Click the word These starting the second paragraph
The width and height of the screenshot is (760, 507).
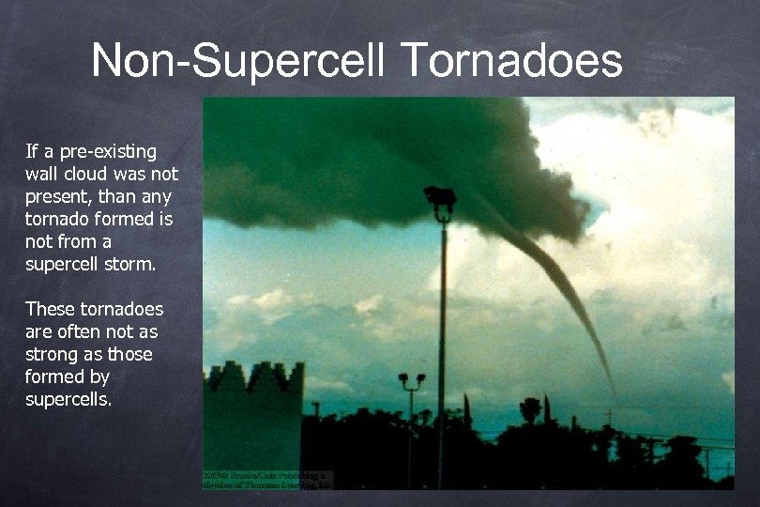tap(48, 309)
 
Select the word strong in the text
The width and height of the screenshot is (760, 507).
tap(49, 354)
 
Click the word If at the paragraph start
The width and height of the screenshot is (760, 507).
tap(32, 150)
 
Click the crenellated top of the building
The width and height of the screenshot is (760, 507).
tap(254, 376)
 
